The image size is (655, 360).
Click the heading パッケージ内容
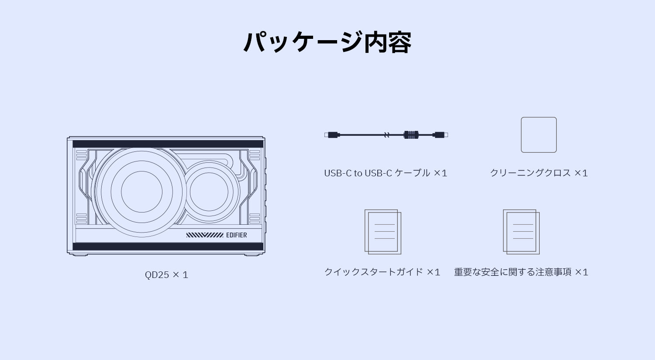coord(327,42)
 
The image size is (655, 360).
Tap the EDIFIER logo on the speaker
coord(236,235)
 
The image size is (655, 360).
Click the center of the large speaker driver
coord(141,192)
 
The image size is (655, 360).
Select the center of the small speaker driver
coord(209,192)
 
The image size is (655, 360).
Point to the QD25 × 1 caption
coord(166,274)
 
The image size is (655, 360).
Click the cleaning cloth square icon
coord(538,135)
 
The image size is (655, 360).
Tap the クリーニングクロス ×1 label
coord(538,173)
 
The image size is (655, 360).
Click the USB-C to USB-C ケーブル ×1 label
coord(386,173)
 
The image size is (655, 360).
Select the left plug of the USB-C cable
coord(332,135)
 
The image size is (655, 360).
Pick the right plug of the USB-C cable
coord(440,135)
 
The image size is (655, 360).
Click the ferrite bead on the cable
coord(411,135)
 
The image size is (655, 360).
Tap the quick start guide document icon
coord(383,232)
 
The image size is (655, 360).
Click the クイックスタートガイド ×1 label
coord(382,272)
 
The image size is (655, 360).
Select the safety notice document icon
coord(521,232)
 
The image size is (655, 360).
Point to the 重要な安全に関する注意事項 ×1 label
coord(521,272)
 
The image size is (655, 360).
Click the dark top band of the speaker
coord(168,144)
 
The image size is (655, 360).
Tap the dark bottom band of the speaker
coord(168,247)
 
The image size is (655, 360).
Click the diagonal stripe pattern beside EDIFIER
coord(205,235)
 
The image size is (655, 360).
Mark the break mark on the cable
coord(386,135)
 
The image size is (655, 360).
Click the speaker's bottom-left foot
coord(80,255)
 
